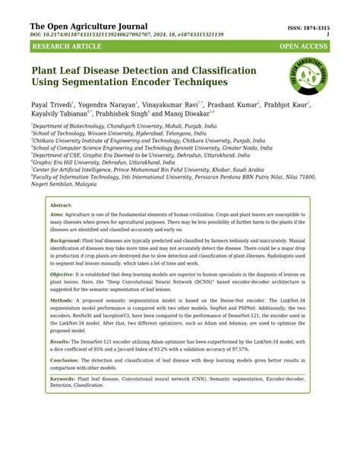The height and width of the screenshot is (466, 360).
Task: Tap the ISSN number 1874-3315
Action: [317, 27]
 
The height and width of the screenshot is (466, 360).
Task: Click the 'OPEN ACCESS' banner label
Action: [303, 47]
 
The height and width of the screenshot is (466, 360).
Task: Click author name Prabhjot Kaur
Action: [306, 104]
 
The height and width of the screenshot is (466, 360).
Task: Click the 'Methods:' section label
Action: [62, 301]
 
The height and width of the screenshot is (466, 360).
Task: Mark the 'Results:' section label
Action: [61, 343]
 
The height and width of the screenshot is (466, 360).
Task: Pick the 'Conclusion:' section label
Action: [65, 361]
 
